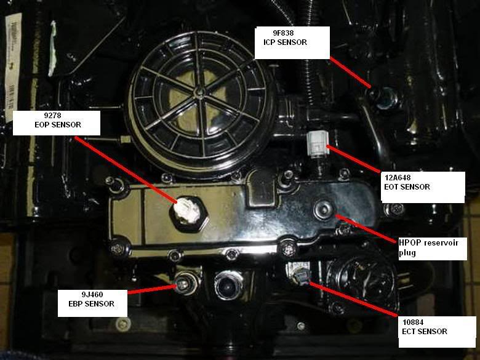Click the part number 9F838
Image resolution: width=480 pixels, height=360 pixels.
pos(283,33)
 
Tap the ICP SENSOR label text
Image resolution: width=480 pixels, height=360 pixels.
pos(285,42)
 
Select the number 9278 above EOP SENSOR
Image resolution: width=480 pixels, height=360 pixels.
pos(53,116)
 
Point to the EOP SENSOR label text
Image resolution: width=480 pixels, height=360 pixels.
pos(58,124)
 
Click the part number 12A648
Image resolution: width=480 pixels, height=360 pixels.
pos(398,178)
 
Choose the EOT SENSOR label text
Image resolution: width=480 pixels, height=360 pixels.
pos(407,186)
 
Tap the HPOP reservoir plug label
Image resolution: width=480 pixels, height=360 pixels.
pos(428,248)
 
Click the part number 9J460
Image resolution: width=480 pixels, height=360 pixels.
pos(92,295)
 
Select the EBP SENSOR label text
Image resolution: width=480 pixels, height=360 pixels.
pos(91,303)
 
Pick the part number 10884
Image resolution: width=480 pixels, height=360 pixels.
pos(413,322)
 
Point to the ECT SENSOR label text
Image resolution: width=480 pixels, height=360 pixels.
pos(425,331)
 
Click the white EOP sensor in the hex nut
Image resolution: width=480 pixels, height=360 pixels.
pos(187,210)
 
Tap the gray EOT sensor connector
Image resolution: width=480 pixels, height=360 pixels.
pos(318,143)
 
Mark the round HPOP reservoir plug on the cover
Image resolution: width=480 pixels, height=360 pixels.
pos(324,209)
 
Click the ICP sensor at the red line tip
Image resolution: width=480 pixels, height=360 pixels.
pos(385,98)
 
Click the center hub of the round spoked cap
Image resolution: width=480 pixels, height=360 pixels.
pos(199,90)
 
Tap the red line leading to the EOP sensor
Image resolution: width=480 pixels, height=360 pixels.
pos(126,169)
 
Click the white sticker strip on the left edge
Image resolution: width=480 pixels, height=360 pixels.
pos(13,67)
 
